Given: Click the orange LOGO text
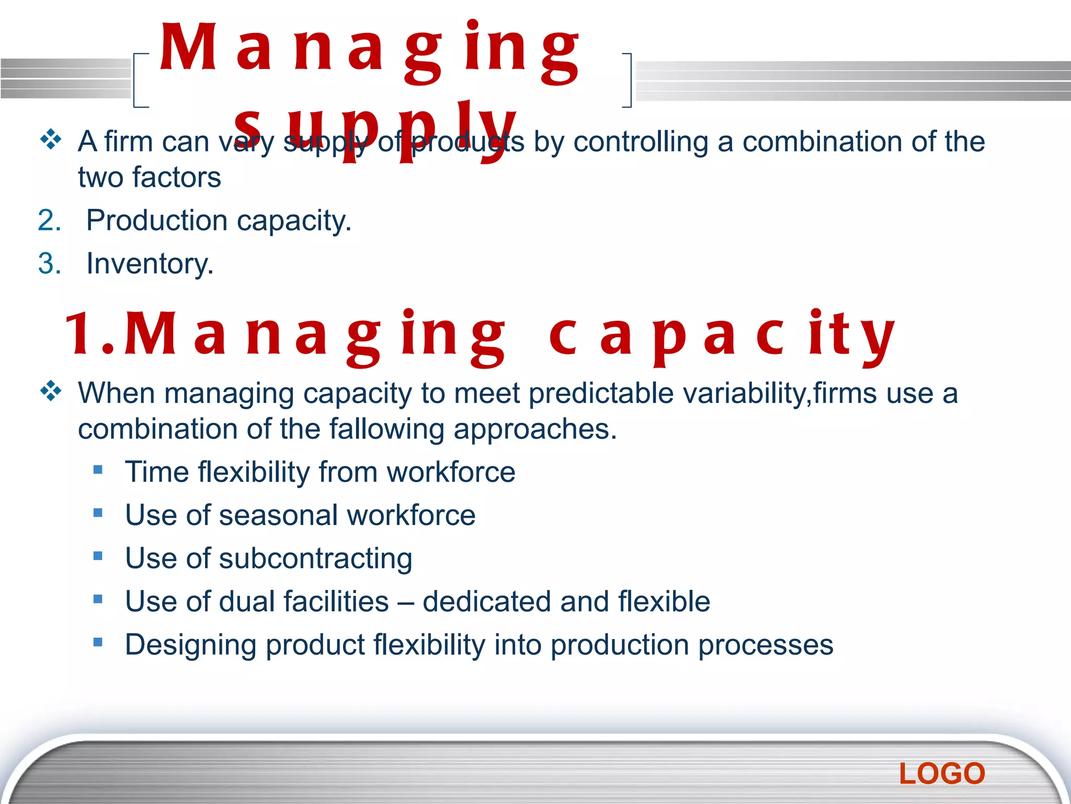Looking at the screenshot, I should (942, 774).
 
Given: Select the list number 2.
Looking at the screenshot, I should (49, 220).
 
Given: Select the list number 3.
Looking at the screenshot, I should (49, 263).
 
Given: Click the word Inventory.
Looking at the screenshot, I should (150, 263).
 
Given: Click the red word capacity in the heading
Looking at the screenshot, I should (722, 335).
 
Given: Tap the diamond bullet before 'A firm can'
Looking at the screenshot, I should (51, 139).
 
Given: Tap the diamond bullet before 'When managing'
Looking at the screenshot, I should (51, 390).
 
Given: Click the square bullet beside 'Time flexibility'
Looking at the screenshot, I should (98, 469).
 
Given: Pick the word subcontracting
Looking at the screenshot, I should (315, 559).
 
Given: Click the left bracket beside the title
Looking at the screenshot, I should (137, 80).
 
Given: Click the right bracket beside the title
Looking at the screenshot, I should (628, 80).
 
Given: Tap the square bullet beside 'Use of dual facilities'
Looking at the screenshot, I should (98, 599).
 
